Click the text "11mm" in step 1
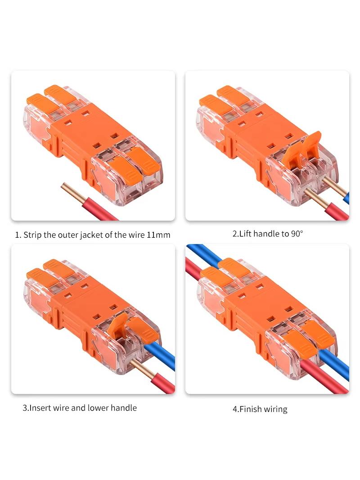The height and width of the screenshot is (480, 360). pos(158,235)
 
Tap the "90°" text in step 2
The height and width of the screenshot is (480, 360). pos(297,234)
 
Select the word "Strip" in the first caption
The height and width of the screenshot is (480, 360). pos(32,235)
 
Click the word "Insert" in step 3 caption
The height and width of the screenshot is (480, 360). pos(40,408)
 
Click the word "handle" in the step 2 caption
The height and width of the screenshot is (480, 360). pos(266,234)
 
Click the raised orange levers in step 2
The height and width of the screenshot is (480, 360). pos(301,147)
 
